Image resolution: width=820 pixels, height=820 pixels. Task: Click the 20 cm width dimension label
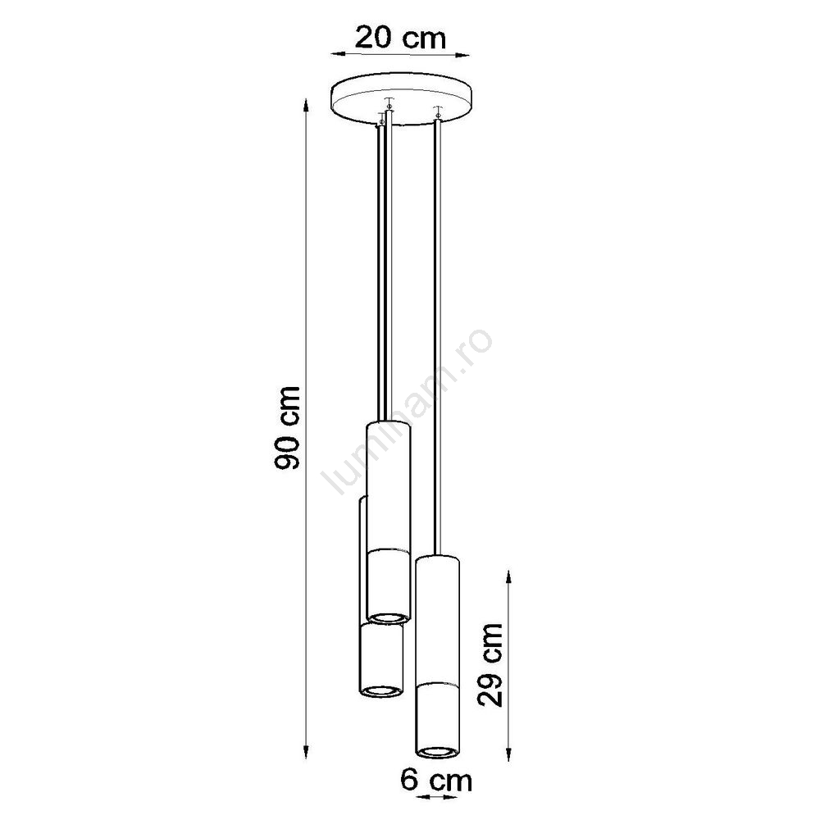pos(400,38)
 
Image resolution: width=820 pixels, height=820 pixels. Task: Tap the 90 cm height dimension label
pos(288,427)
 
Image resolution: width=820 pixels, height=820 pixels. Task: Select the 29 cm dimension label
pos(490,664)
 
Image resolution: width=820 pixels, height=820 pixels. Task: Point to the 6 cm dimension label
pos(436,781)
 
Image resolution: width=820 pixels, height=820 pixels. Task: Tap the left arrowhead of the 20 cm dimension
pos(337,53)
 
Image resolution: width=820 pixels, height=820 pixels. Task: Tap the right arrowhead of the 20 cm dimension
pos(462,53)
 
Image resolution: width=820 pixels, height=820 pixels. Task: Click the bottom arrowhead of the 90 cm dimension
pos(307,751)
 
